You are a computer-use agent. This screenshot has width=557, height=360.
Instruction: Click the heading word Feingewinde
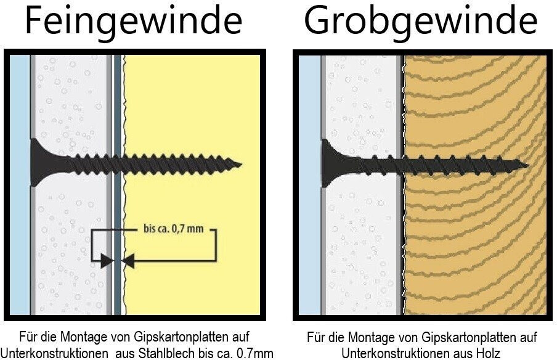[133, 21]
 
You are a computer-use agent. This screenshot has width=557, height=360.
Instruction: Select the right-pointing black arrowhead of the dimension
[106, 261]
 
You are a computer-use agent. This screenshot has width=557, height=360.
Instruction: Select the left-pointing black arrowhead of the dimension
[128, 261]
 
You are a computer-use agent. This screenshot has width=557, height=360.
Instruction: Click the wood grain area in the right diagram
[474, 247]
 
